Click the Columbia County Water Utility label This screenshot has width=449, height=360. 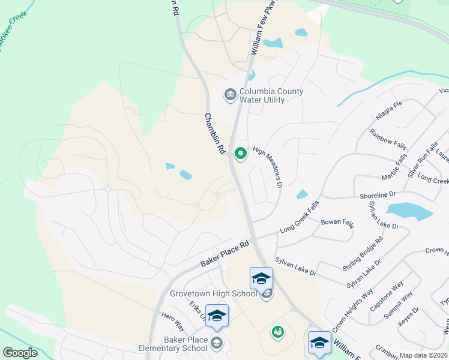coord(271,96)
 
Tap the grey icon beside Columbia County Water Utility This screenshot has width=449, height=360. coord(229,95)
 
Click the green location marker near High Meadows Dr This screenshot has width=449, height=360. coord(241,154)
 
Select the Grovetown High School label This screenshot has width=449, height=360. coord(214,293)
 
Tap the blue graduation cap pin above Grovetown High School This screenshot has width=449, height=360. coord(261,278)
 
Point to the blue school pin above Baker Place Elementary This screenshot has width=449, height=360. coord(217,316)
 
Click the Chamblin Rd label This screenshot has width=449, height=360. coord(214,135)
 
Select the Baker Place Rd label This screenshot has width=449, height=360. coord(224,254)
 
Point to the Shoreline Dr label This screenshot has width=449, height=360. coord(378,194)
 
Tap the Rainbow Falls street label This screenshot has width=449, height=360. coord(388,140)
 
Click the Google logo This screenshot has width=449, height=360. coord(20,352)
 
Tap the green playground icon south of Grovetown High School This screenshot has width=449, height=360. coord(277,332)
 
